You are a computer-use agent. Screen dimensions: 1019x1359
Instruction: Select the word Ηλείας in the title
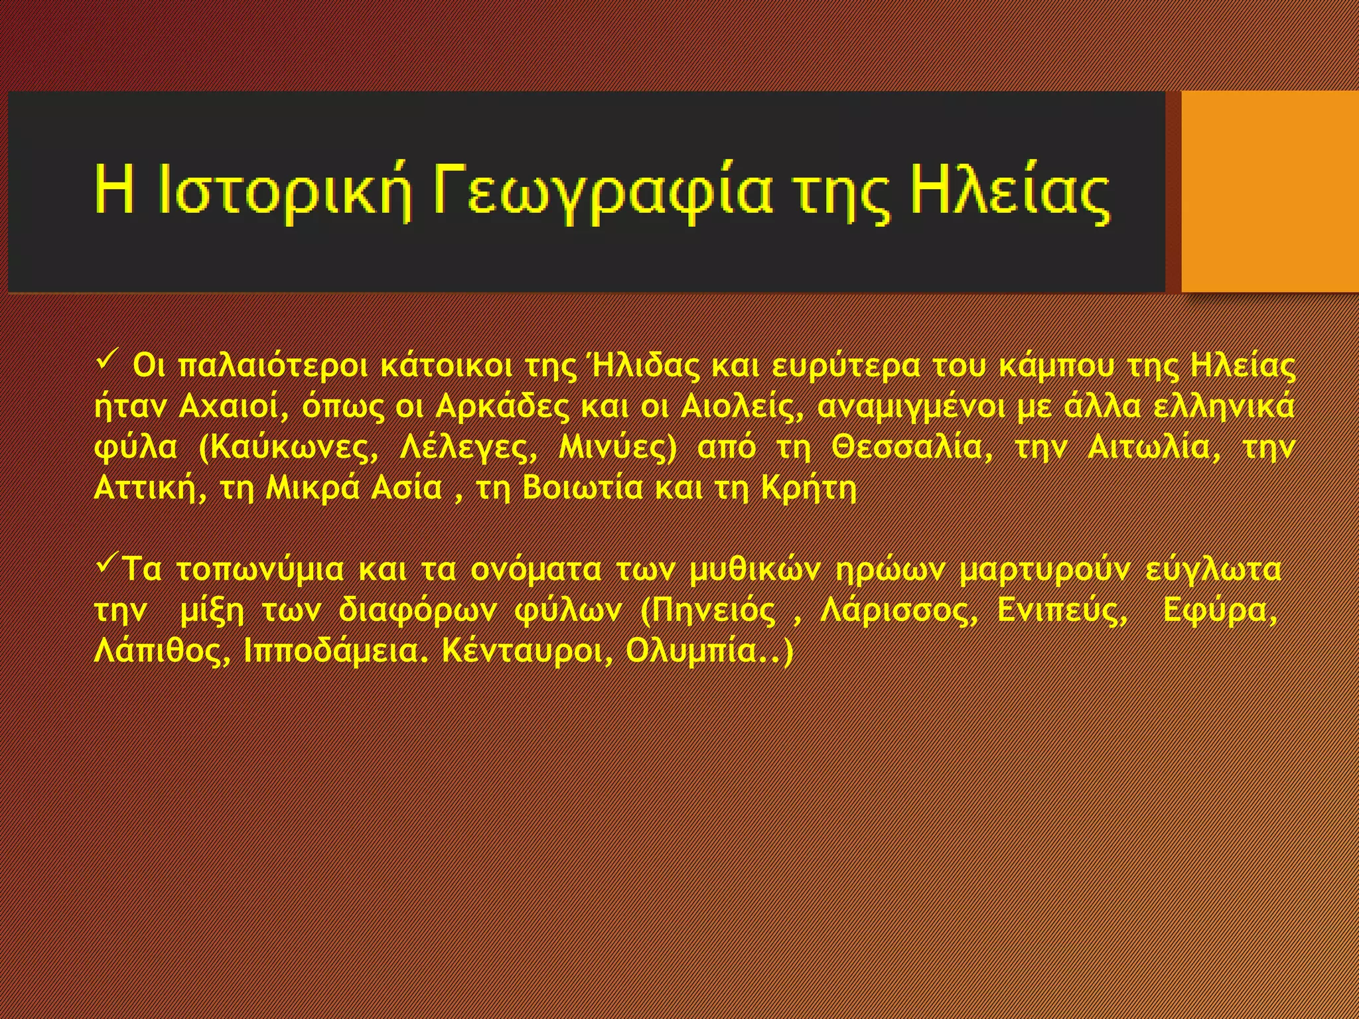point(1009,192)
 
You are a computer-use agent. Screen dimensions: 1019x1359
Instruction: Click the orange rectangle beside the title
point(1269,191)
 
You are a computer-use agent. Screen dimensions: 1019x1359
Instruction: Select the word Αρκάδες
point(502,407)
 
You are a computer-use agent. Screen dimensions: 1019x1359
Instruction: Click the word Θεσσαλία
point(913,448)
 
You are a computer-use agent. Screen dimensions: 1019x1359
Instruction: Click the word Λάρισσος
point(898,611)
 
